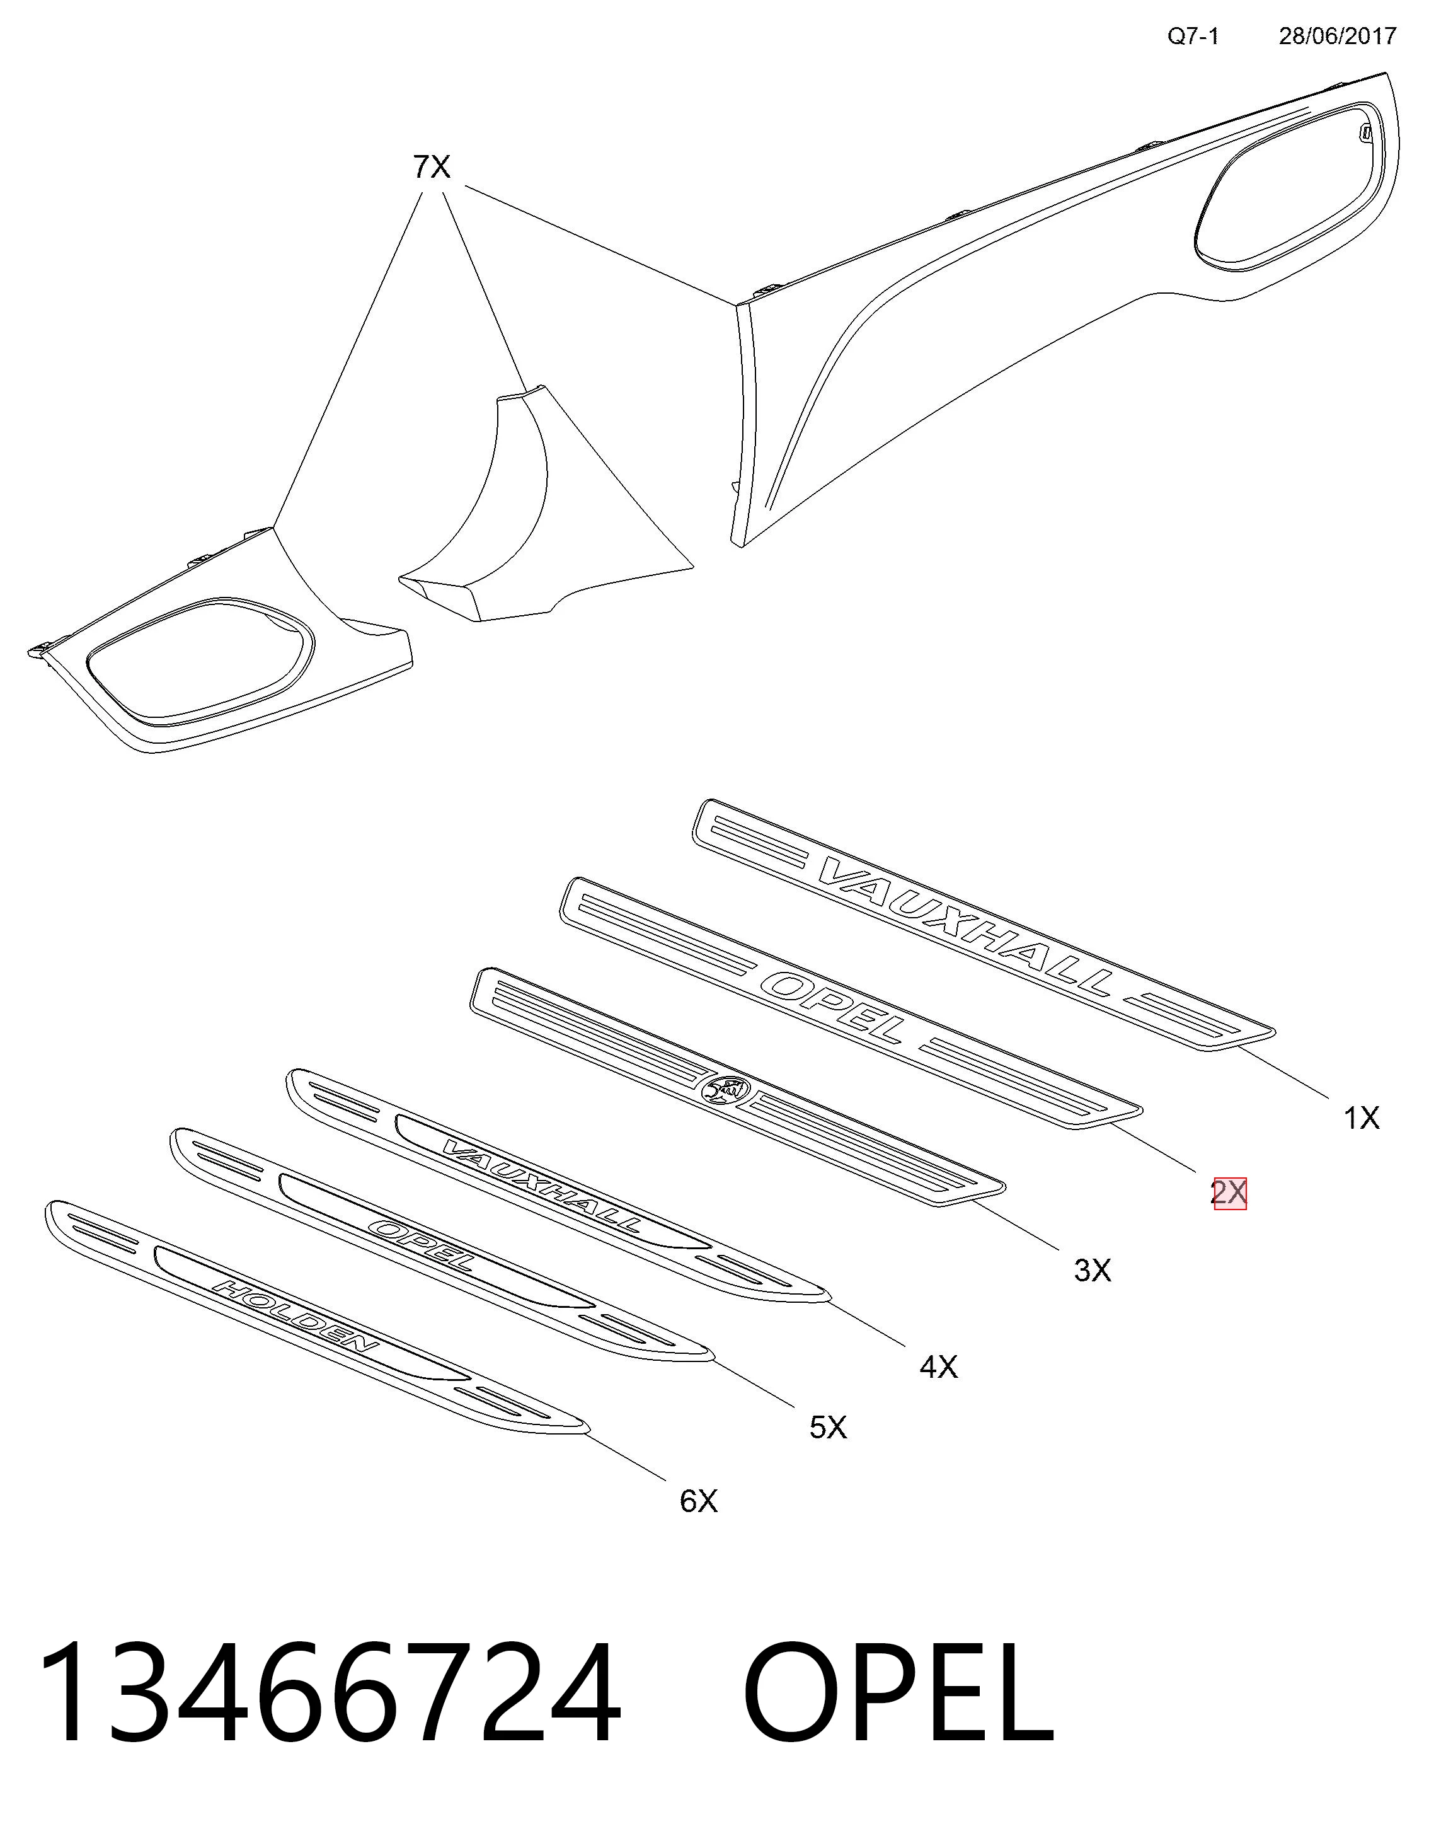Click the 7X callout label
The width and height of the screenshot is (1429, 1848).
pyautogui.click(x=432, y=168)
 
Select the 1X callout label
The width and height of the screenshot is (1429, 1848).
pyautogui.click(x=1362, y=1119)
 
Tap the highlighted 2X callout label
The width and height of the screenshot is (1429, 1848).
pyautogui.click(x=1229, y=1193)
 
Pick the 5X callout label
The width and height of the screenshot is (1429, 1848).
pyautogui.click(x=827, y=1428)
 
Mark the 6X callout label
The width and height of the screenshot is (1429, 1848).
pyautogui.click(x=698, y=1501)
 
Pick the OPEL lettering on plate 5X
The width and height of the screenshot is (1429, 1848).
pyautogui.click(x=423, y=1244)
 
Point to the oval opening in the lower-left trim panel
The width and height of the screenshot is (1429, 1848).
pyautogui.click(x=200, y=662)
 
